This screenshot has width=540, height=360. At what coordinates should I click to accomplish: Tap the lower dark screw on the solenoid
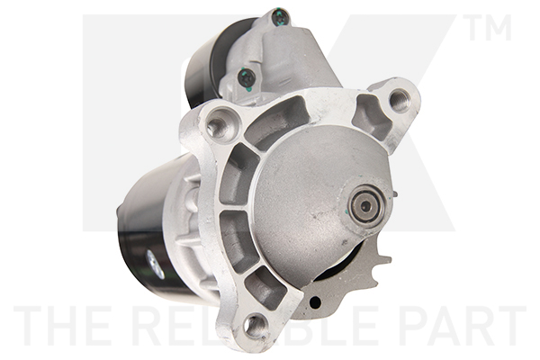[x=245, y=78]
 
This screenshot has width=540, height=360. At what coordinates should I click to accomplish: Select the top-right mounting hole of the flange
[x=397, y=100]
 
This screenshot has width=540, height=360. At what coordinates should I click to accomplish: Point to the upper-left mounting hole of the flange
[x=215, y=125]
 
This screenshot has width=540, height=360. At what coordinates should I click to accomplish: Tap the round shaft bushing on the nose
[x=365, y=206]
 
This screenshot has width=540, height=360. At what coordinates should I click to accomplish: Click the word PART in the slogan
[x=458, y=326]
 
